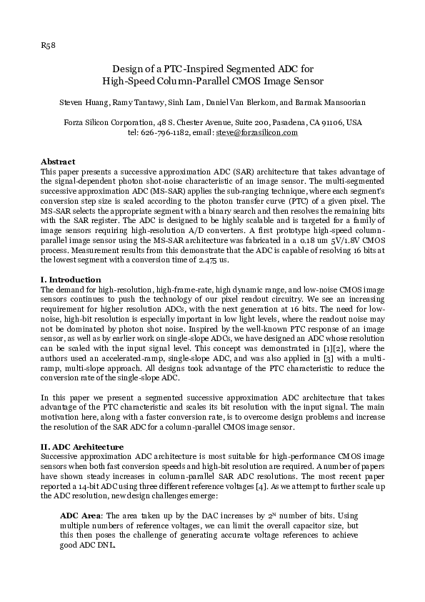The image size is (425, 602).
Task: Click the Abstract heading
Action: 58,162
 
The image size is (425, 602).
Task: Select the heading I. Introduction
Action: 71,280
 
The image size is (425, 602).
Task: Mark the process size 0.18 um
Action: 316,242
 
